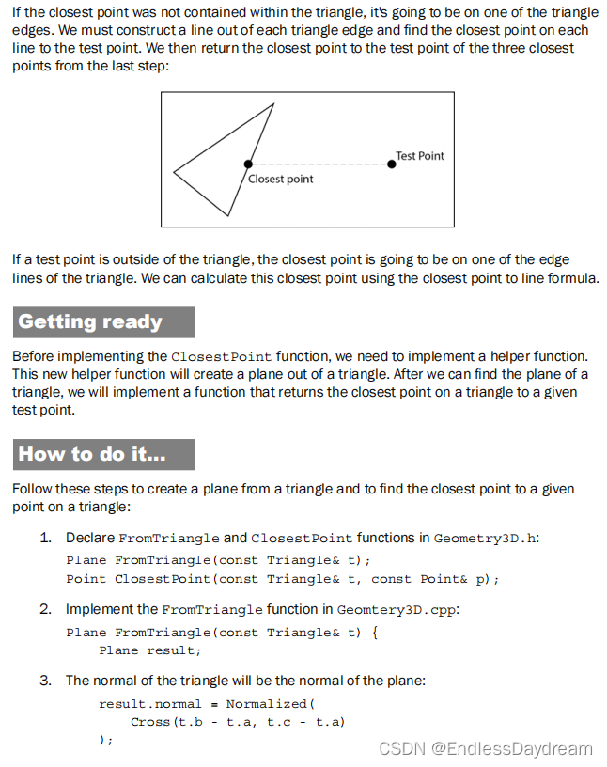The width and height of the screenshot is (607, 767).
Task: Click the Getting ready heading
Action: (90, 322)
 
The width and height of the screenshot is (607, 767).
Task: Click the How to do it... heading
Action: (92, 455)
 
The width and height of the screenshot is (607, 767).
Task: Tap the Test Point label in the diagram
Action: (420, 156)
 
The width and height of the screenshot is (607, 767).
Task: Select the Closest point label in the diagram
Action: (281, 179)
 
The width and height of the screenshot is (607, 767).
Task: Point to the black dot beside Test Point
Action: (392, 164)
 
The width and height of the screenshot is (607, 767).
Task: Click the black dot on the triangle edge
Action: (247, 164)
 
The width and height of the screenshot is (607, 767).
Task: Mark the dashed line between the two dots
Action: (319, 164)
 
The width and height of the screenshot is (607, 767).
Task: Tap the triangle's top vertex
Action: (274, 103)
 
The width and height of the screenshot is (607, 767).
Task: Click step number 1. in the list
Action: (45, 539)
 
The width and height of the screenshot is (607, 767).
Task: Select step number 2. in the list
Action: (45, 609)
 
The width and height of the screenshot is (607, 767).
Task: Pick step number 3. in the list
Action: (45, 680)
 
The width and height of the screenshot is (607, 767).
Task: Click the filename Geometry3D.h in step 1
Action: (486, 539)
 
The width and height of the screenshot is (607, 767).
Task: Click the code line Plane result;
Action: (150, 650)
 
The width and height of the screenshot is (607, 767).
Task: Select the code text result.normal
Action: (150, 703)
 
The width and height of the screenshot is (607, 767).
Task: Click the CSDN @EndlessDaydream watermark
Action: (485, 748)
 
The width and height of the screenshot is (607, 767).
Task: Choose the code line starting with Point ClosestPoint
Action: (282, 579)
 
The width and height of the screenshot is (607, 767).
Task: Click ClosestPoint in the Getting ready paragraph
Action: (222, 357)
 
